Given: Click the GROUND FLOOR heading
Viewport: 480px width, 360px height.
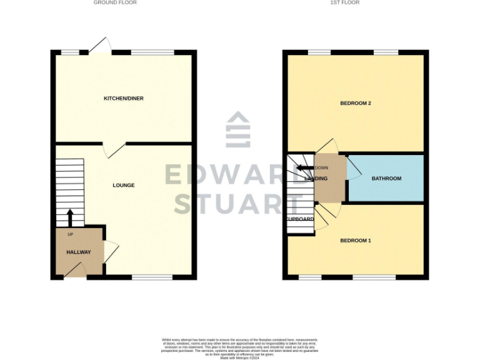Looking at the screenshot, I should click(115, 2).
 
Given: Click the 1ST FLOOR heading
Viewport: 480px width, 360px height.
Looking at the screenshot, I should click(344, 2).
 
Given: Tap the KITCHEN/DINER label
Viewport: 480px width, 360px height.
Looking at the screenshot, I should click(119, 98).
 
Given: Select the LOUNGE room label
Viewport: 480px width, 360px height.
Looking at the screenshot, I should click(123, 185).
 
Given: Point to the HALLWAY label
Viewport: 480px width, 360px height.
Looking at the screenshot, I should click(79, 252).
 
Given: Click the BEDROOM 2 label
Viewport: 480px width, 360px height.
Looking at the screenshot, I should click(356, 102).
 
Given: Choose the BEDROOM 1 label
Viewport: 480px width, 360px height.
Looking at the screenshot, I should click(356, 240).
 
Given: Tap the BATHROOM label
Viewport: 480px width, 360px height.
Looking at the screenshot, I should click(386, 179).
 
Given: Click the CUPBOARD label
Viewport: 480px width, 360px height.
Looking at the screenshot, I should click(300, 219).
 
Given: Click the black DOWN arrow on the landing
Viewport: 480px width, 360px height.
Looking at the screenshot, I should click(304, 167).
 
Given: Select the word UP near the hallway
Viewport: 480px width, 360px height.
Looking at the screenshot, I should click(69, 234).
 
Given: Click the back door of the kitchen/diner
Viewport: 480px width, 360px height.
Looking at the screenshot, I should click(100, 45).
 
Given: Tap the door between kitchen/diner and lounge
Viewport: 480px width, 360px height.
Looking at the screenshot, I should click(113, 149).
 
